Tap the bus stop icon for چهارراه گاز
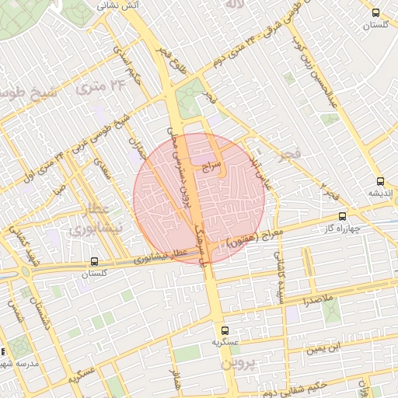[343, 217]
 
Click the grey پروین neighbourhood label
[236, 363]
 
